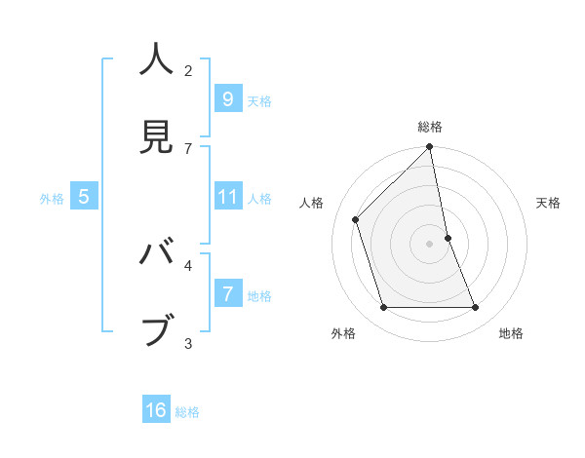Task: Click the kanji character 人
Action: pos(157,60)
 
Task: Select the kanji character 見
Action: pos(157,137)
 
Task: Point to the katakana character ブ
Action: pos(157,329)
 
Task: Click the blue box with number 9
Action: pos(227,98)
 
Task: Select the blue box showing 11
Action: pos(227,197)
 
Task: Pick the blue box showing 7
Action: pos(227,294)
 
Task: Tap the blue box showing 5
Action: pos(84,197)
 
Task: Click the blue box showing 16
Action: pos(156,410)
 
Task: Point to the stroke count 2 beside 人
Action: pos(188,71)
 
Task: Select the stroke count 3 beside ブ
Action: pos(188,343)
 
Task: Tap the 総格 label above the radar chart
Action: pos(430,127)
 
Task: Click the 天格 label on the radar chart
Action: pos(548,203)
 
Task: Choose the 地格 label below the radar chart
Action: pos(511,333)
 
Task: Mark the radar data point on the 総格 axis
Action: pos(430,147)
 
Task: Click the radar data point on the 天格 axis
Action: pos(448,238)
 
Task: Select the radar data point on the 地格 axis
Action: pos(476,308)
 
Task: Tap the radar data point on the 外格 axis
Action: pos(384,308)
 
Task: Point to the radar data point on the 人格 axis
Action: pos(356,219)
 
